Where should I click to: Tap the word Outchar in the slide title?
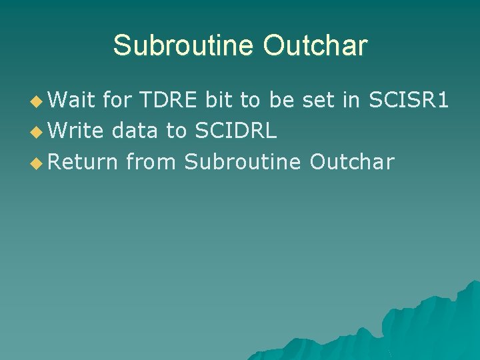point(315,45)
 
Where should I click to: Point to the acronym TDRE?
point(169,100)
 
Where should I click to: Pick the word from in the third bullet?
point(151,161)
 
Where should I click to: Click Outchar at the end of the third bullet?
point(352,161)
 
